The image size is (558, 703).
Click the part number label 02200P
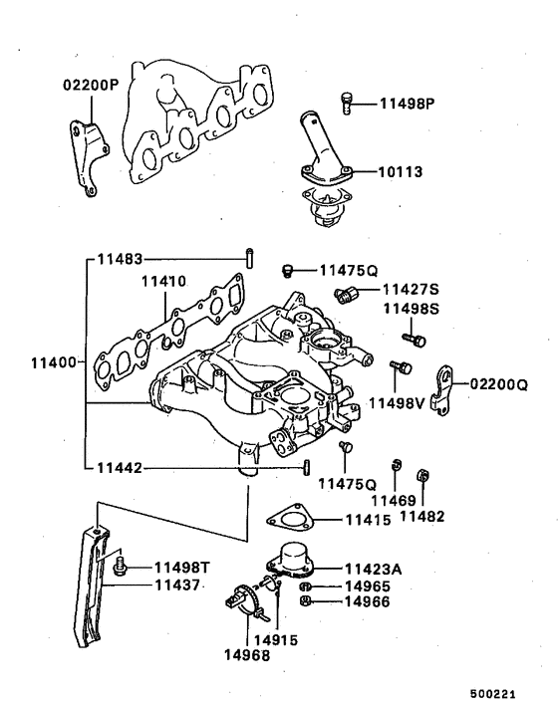[92, 86]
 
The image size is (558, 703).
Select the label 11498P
[410, 103]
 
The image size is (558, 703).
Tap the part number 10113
[400, 172]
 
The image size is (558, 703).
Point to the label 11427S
[412, 290]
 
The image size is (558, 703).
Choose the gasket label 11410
[163, 283]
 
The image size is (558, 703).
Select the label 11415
[371, 520]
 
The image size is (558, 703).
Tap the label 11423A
[376, 570]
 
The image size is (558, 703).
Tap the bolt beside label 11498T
[121, 568]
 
